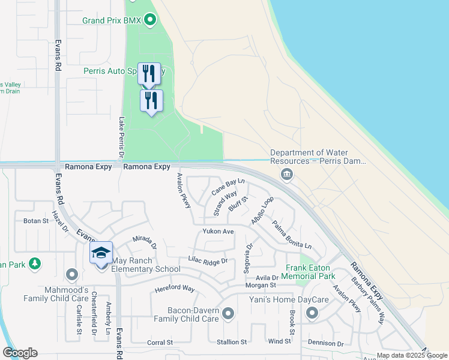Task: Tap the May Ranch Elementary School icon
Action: [101, 253]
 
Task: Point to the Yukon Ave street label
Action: [218, 232]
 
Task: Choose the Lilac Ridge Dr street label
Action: [208, 260]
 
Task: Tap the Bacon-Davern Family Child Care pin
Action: [228, 314]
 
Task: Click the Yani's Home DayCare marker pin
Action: [312, 313]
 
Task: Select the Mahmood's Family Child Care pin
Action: [72, 275]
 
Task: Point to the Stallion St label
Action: [232, 342]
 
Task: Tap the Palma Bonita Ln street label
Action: [292, 235]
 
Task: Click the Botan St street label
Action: [35, 221]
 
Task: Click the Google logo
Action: [20, 353]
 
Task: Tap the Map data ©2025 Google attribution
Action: [412, 355]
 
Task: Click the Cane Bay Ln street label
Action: [228, 187]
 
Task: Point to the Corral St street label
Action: [160, 343]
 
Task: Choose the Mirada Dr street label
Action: [144, 242]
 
